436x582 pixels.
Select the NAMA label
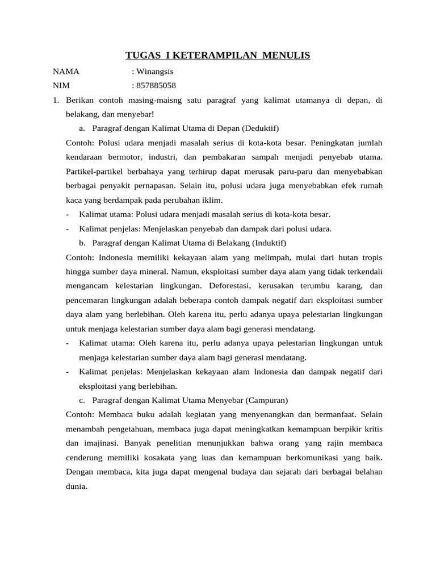click(x=66, y=72)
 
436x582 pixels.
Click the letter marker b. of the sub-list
click(x=83, y=243)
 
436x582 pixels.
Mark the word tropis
click(x=370, y=257)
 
